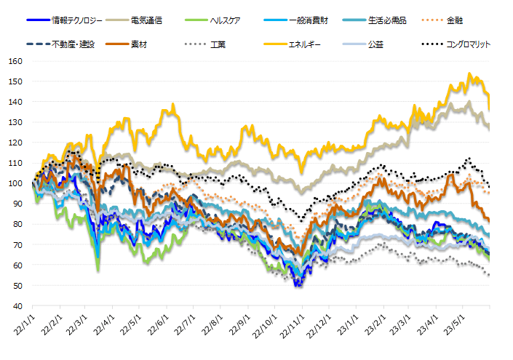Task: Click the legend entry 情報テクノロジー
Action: pos(76,20)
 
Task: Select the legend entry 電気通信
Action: pos(147,20)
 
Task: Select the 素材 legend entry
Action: pos(140,44)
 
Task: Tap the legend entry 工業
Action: pos(218,44)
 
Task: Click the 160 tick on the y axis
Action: pos(16,61)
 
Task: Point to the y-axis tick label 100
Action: pos(16,183)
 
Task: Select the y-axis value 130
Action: pos(16,122)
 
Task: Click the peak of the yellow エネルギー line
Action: pos(469,73)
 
